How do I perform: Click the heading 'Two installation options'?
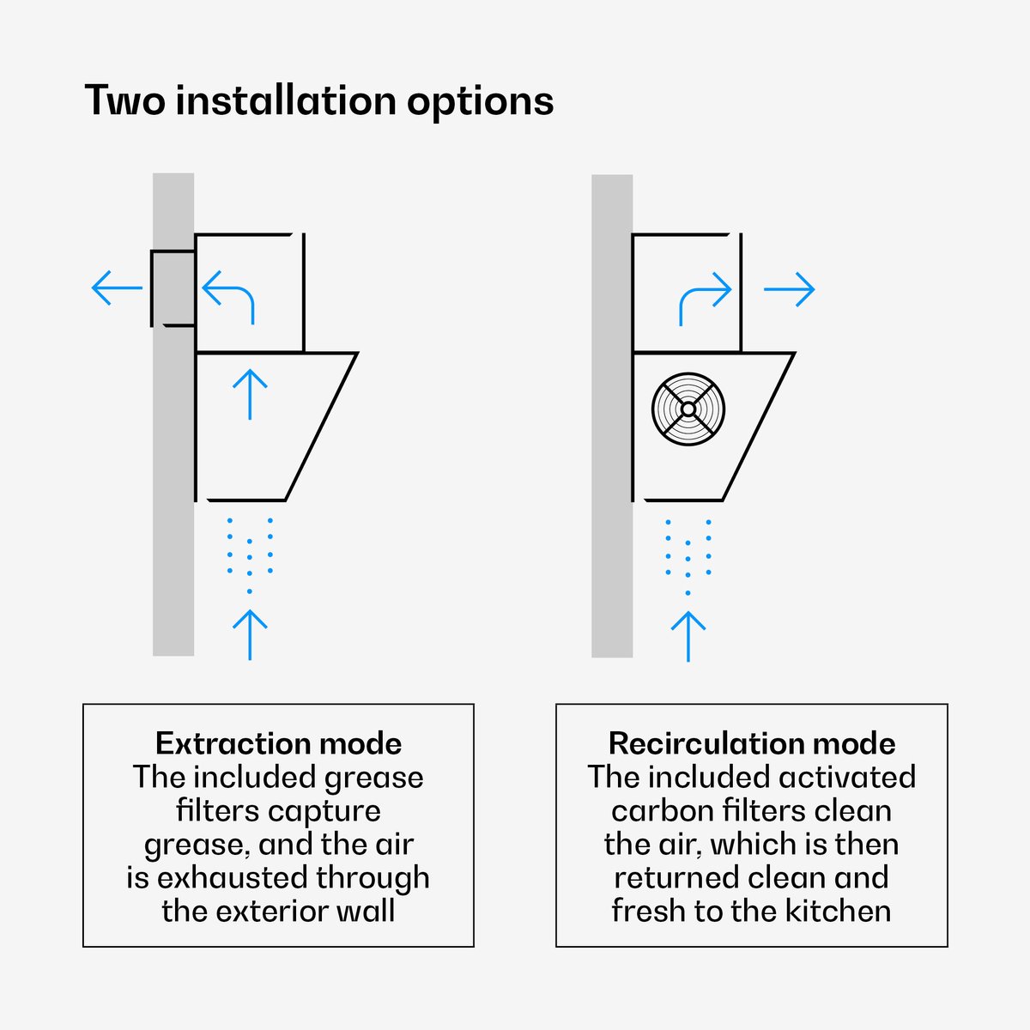pos(319,100)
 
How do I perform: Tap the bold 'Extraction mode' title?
pos(278,743)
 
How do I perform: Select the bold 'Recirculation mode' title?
pos(752,743)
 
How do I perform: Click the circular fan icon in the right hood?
pos(688,409)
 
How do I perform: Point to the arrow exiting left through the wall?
pos(117,288)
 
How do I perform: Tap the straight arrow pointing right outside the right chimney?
pos(790,289)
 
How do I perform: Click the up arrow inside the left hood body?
pos(250,394)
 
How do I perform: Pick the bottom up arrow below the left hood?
pos(250,634)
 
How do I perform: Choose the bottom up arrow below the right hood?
pos(688,636)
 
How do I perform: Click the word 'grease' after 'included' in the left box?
pos(373,779)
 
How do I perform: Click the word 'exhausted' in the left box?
pos(233,878)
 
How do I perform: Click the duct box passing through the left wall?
pos(173,288)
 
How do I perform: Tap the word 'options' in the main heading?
pos(480,101)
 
